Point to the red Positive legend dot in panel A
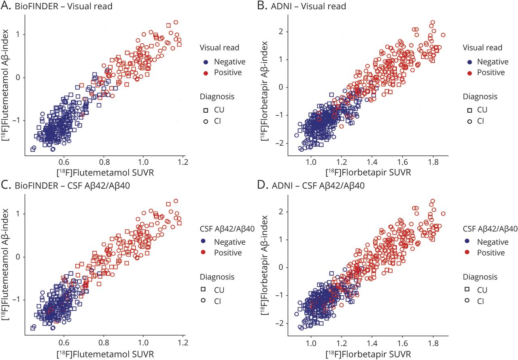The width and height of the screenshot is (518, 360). click(206, 72)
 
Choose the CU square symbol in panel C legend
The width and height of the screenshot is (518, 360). click(206, 290)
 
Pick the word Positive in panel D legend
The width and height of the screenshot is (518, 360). click(491, 252)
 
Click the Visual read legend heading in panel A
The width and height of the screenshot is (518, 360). click(219, 48)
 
